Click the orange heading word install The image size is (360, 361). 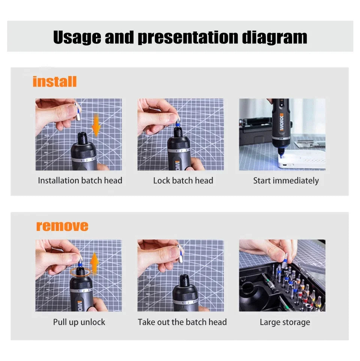55,82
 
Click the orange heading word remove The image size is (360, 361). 62,226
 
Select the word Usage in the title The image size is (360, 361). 77,37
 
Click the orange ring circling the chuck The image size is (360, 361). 80,272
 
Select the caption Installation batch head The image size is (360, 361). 80,181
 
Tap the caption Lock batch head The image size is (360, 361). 183,181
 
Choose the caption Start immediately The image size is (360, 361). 286,181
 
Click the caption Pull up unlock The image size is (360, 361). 79,322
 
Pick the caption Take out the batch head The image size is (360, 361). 182,322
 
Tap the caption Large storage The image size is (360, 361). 285,322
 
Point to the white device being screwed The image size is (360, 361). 302,160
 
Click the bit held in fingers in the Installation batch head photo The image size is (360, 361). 78,111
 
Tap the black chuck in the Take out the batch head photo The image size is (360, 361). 185,281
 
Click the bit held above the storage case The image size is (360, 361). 285,260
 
